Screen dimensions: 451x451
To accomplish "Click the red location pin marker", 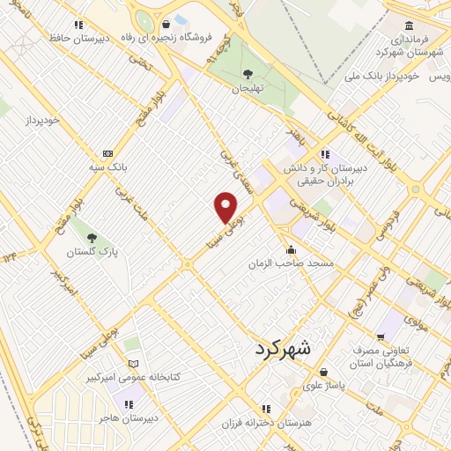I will point(226,207).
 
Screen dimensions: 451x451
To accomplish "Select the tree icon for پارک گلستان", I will point(92,236).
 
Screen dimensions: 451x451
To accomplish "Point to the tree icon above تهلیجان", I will point(248,74).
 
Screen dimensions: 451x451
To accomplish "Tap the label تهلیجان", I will point(248,89).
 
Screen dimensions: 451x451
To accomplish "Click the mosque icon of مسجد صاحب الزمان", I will point(292,249).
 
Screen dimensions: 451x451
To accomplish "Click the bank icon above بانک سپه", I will point(108,152).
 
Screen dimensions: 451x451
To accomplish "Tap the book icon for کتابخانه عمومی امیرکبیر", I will point(134,363).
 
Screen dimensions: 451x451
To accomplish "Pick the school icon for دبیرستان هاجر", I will point(129,404).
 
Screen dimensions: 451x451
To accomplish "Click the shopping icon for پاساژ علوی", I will point(324,371).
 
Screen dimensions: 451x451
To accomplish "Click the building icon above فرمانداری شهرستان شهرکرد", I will point(408,26).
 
